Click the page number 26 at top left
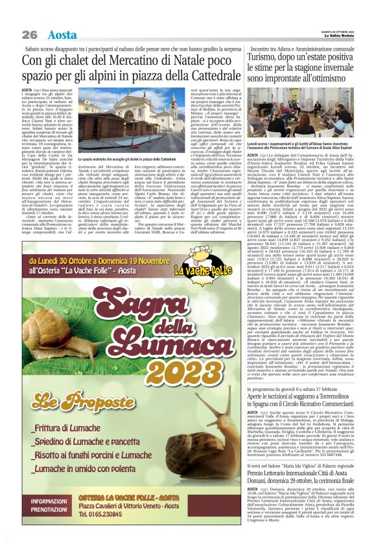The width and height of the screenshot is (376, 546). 30,34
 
